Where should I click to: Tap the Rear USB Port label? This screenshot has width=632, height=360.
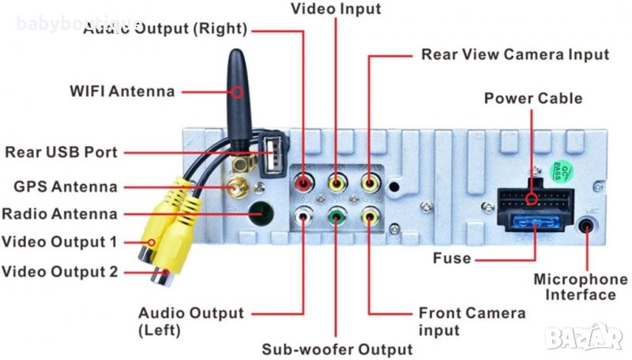[x=61, y=152]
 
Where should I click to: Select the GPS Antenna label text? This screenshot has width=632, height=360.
[x=66, y=187]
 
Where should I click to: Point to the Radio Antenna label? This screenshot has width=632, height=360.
[x=59, y=214]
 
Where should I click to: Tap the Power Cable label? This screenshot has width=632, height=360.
[x=532, y=99]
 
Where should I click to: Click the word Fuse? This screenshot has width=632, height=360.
[x=452, y=258]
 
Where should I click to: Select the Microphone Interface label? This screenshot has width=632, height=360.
[x=581, y=287]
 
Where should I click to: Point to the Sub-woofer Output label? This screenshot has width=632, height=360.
[x=337, y=349]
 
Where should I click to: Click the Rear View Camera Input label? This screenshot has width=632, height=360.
[x=515, y=55]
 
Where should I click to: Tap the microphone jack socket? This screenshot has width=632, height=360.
[x=587, y=226]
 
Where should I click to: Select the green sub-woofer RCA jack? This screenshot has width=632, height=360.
[x=337, y=214]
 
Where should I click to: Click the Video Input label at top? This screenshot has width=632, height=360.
[x=336, y=9]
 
